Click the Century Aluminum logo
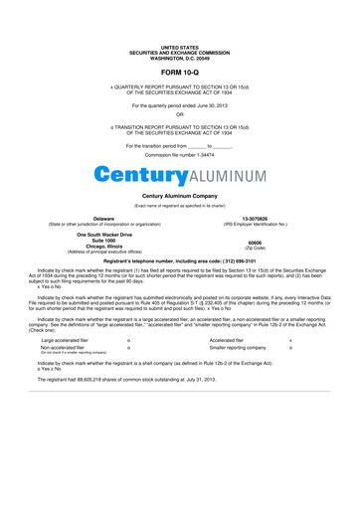point(180,175)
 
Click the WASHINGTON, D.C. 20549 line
point(180,57)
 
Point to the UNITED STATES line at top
point(180,47)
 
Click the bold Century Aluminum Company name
point(180,196)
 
